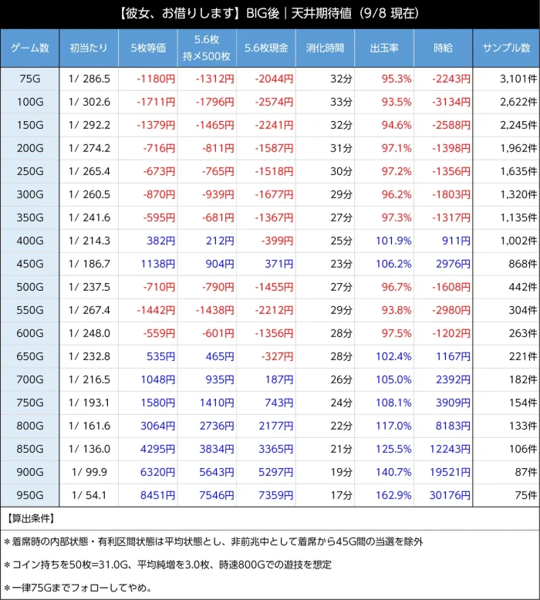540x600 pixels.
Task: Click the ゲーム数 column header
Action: tap(30, 49)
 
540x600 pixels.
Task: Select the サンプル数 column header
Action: tap(506, 49)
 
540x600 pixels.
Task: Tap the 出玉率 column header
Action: tap(384, 49)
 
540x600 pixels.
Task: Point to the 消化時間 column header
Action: tap(325, 49)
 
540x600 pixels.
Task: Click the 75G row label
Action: tap(30, 79)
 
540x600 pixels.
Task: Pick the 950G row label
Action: tap(30, 495)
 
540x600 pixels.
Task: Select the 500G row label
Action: tap(30, 287)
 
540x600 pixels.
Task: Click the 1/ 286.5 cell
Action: tap(89, 79)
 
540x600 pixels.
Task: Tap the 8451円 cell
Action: tap(157, 495)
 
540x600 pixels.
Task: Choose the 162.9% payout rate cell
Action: tap(393, 495)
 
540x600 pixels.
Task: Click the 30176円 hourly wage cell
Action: tap(450, 495)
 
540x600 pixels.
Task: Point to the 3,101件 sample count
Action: tap(518, 79)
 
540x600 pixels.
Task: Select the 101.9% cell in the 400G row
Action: tap(393, 241)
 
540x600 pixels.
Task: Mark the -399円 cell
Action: tap(277, 241)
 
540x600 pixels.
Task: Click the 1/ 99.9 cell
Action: tap(89, 472)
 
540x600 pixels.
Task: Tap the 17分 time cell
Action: tap(342, 495)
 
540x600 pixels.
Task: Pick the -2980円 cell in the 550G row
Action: tap(451, 310)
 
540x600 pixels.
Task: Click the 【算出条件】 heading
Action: tap(31, 518)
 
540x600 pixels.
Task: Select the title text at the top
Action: tap(270, 14)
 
